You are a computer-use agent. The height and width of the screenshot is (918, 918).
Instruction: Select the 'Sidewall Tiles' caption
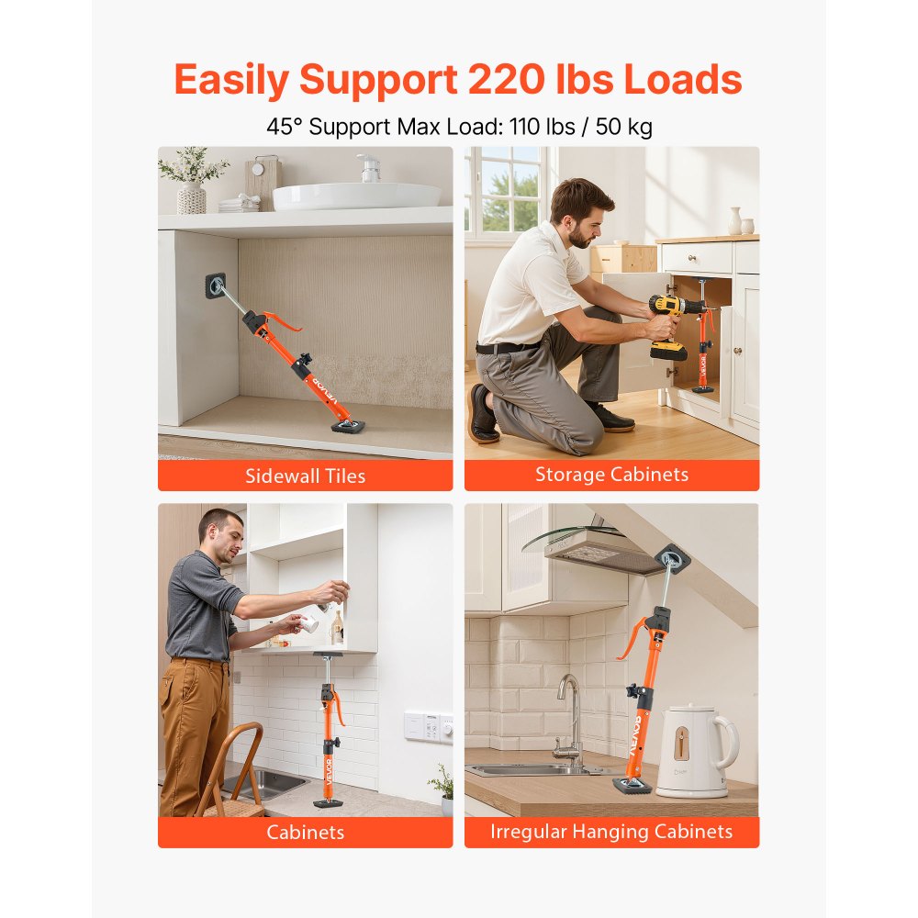305,476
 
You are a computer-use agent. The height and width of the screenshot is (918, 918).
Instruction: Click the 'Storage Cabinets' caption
611,475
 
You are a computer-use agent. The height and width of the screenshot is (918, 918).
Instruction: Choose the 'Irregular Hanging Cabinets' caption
611,832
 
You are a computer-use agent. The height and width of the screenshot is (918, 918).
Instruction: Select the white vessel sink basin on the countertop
357,195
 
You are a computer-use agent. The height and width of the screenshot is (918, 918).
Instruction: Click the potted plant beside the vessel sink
192,178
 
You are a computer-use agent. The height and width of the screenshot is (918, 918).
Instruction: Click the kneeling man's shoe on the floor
483,416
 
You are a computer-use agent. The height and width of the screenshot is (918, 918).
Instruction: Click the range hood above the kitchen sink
597,551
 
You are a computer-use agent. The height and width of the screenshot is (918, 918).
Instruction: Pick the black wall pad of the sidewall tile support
216,286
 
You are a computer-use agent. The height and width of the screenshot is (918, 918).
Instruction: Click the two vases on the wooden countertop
741,221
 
